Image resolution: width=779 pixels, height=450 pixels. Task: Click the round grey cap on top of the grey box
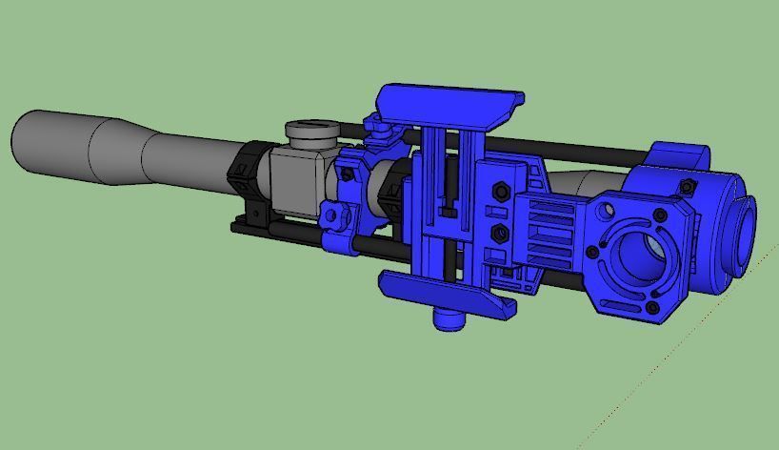point(310,132)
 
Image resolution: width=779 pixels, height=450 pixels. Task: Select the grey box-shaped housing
point(295,181)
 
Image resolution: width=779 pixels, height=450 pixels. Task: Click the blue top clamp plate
point(448,102)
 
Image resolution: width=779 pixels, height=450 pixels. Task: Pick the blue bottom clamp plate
point(448,293)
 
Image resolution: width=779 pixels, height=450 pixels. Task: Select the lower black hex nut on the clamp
point(497,233)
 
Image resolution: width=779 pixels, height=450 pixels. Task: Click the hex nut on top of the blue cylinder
point(686,186)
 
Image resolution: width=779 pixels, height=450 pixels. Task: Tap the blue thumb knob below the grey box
point(335,216)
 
